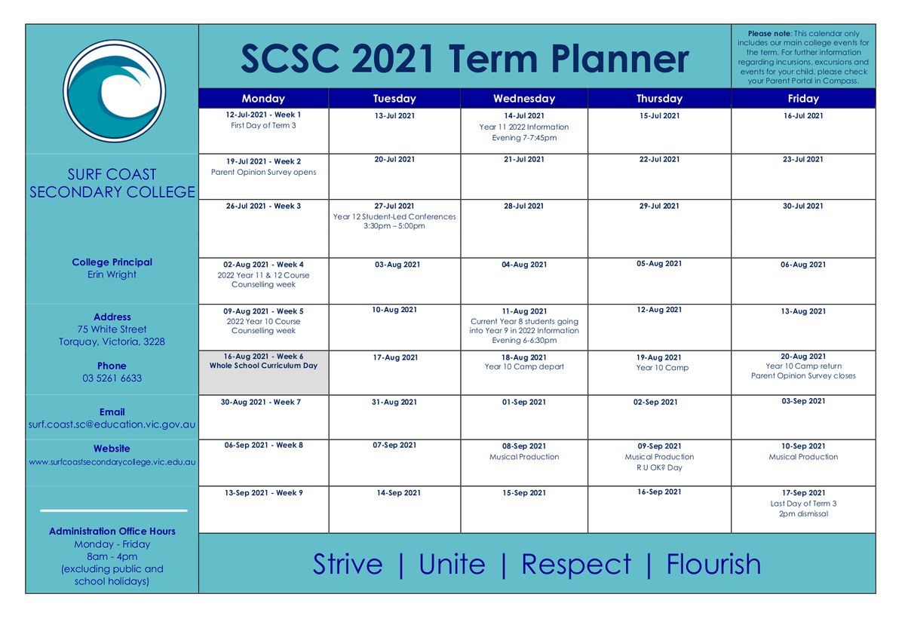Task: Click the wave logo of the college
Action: coord(115,91)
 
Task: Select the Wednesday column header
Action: coord(524,98)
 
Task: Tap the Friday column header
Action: coord(803,98)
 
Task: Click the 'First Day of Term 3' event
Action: coord(263,126)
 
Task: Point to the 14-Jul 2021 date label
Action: coord(524,116)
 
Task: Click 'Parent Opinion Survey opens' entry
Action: coord(263,173)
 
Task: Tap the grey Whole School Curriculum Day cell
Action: coord(263,372)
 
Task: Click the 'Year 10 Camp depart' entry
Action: coord(524,366)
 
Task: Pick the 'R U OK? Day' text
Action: coord(659,467)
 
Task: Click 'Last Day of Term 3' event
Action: coord(803,504)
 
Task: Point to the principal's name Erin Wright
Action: coord(112,274)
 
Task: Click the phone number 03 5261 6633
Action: coord(112,378)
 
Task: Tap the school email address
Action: coord(112,424)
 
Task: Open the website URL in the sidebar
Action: coord(112,462)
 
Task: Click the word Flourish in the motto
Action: coord(713,564)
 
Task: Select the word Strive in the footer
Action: coord(348,564)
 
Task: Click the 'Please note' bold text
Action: coord(770,33)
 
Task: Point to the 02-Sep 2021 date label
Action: coord(655,403)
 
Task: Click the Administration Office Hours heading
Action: coord(112,531)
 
